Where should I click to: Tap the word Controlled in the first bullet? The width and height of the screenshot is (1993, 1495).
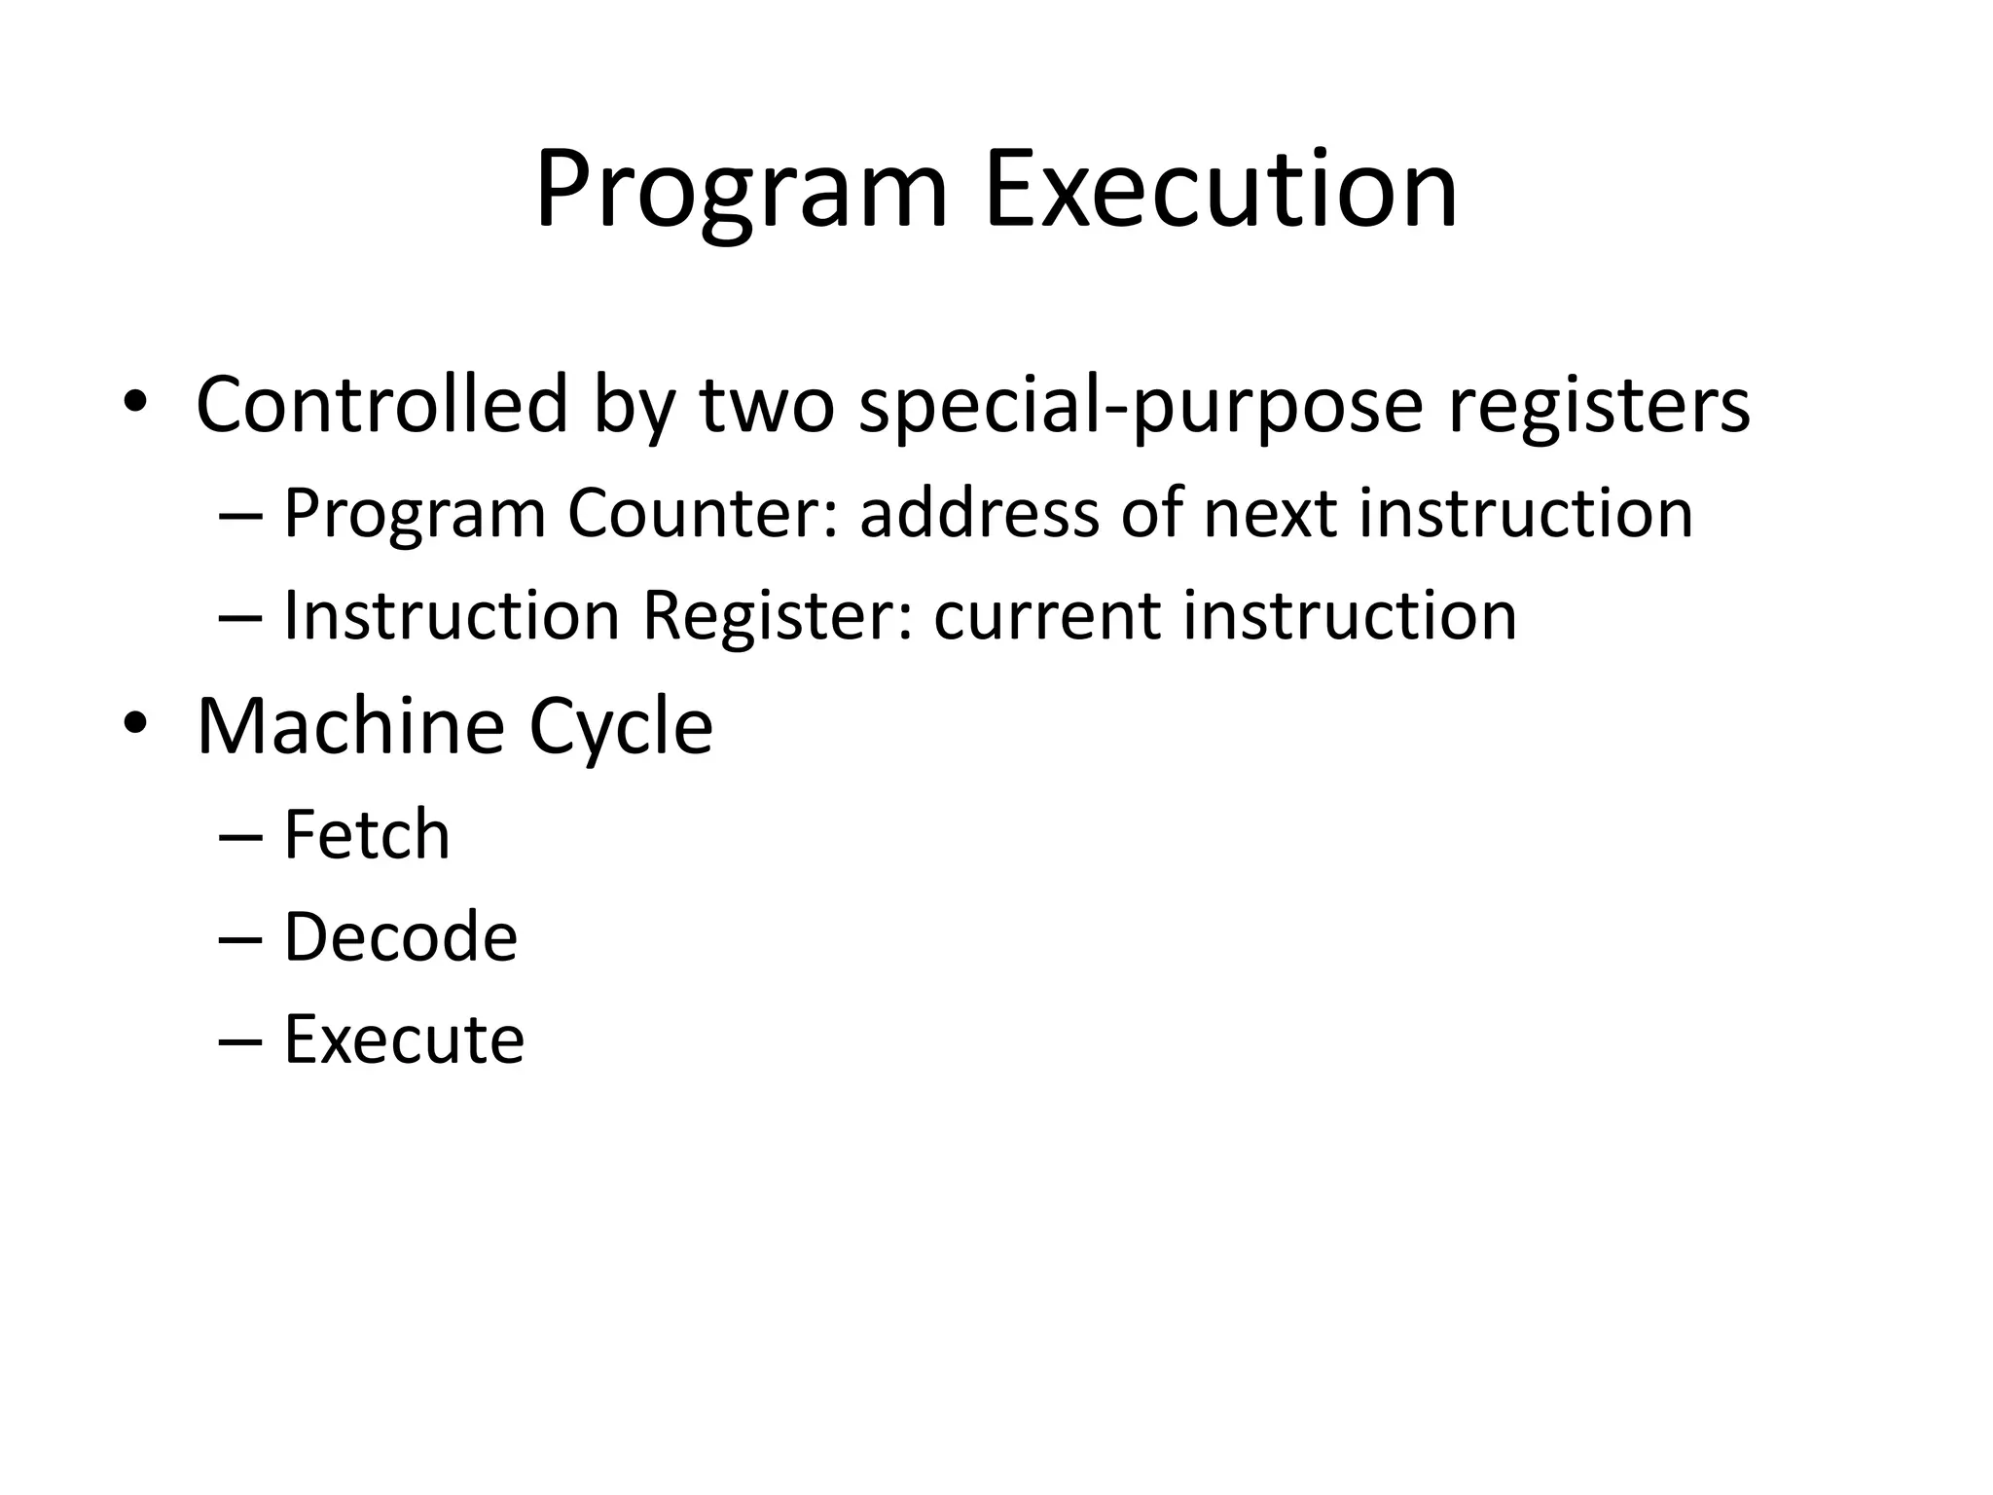click(381, 404)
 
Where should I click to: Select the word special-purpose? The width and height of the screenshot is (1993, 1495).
click(1141, 406)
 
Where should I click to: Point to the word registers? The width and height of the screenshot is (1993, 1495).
click(1599, 406)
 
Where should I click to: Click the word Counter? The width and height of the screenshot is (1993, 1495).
click(703, 513)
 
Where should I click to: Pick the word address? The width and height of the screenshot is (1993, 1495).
click(979, 513)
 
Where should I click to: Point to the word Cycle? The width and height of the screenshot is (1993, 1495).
click(621, 728)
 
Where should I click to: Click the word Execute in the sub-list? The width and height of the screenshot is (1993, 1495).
click(404, 1039)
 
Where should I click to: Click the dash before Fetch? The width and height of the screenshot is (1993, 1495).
click(240, 837)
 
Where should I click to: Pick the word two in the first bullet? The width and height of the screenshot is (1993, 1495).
click(766, 406)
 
